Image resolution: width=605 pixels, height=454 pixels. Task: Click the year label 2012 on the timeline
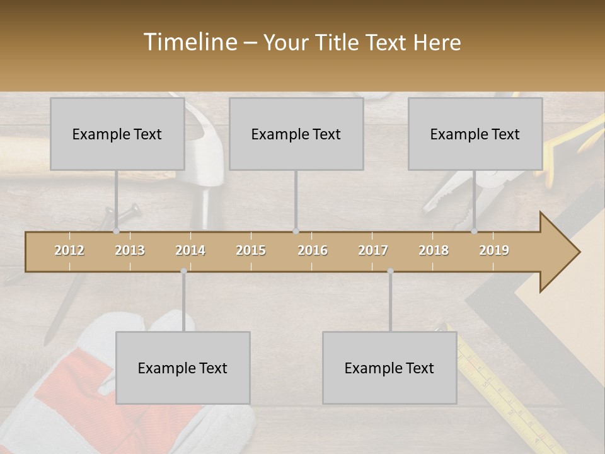69,250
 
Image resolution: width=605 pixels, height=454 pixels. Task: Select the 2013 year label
130,250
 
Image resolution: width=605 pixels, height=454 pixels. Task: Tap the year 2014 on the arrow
190,250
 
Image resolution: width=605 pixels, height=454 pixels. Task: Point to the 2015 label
251,250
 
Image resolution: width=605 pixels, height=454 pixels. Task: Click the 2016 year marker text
313,250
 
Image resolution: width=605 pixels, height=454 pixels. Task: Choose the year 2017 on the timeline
373,250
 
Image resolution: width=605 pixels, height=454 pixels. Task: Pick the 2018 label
434,250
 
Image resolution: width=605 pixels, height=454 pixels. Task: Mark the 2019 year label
494,250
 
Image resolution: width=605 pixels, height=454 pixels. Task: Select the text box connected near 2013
117,134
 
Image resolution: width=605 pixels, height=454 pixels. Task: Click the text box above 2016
296,134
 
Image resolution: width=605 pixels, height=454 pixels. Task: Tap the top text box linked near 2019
475,134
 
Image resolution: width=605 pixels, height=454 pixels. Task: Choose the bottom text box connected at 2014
183,368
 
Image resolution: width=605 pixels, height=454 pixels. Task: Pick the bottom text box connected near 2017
389,368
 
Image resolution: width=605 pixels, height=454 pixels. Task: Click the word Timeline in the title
189,42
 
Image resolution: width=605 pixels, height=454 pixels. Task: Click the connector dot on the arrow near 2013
116,231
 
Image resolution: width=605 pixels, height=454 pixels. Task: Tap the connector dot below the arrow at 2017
390,271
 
